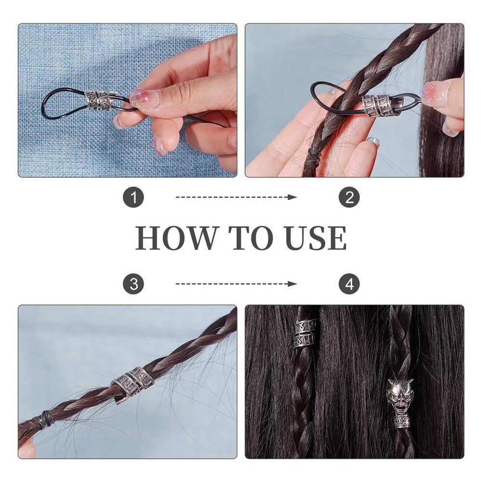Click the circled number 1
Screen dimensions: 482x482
[133, 197]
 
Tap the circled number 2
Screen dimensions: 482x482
[349, 197]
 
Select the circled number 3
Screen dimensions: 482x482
[133, 284]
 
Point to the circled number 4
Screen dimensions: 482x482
[349, 284]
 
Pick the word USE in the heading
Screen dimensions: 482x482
[315, 238]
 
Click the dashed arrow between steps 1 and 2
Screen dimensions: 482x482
[236, 197]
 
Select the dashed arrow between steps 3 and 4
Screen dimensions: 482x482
[236, 284]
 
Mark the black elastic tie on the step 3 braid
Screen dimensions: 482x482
[47, 417]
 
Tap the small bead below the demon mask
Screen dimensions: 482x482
[402, 423]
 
